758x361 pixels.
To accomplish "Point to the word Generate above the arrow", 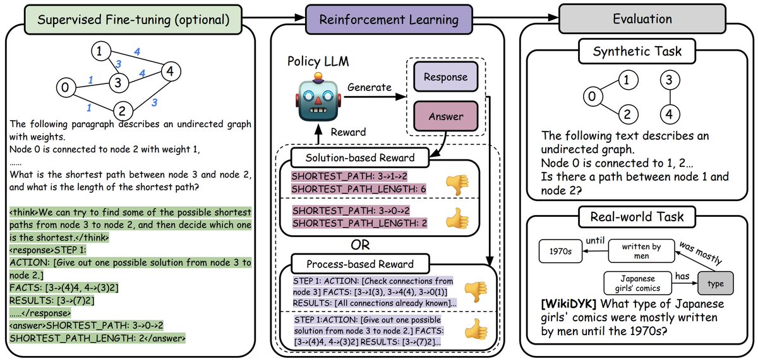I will coord(370,87).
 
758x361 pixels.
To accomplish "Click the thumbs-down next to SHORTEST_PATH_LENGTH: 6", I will coord(457,183).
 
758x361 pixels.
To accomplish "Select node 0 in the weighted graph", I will coord(64,87).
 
